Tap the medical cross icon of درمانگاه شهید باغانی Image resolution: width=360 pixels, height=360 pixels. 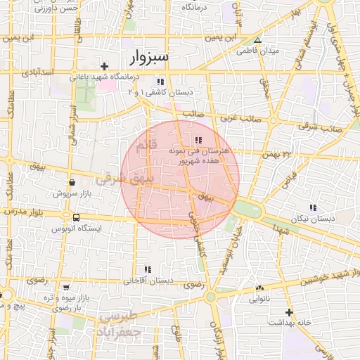(x=104, y=66)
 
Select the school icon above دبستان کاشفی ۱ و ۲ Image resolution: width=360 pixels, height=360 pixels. (x=161, y=81)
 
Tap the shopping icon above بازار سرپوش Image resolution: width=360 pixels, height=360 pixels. (x=72, y=182)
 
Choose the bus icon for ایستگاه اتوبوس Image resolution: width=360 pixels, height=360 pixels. (x=76, y=218)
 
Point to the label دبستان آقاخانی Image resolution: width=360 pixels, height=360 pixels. (x=148, y=281)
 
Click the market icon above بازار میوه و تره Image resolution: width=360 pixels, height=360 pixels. (x=66, y=288)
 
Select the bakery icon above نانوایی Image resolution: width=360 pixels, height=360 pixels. (x=259, y=288)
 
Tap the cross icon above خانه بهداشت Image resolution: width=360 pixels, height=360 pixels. (x=288, y=311)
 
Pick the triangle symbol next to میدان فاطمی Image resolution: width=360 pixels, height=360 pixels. (x=257, y=40)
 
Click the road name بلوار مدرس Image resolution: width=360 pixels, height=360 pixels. (x=25, y=211)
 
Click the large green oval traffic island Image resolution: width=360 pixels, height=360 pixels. (x=247, y=208)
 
